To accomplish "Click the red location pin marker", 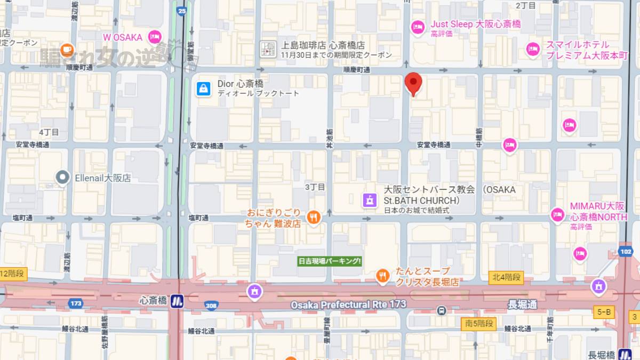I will pos(413,84).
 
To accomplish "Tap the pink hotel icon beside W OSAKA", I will pos(155,37).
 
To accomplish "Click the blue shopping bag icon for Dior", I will pos(203,88).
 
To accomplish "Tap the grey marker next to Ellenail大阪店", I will pos(63,178).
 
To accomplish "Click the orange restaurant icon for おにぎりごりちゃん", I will pos(315,217).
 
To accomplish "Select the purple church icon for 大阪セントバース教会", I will pos(369,201).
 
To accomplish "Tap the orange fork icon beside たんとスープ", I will pos(382,276).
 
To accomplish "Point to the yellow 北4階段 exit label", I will pos(506,277).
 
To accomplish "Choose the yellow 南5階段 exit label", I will pos(478,323).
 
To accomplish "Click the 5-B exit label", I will pos(604,311).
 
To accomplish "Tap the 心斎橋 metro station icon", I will pos(177,301).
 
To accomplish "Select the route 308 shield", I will pos(211,305).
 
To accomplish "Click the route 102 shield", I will pos(626,251).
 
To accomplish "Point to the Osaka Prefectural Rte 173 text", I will pos(348,305).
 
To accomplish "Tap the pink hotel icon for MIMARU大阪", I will pos(557,214).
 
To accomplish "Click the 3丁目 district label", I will pos(315,187).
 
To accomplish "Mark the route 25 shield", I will pos(182,10).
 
